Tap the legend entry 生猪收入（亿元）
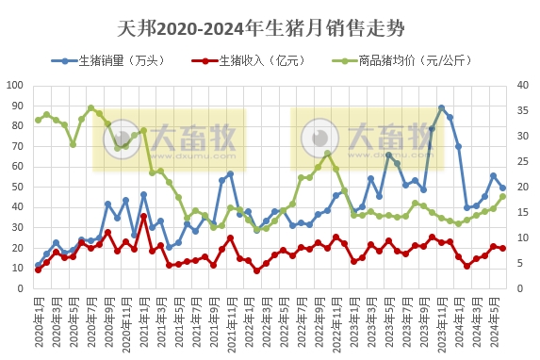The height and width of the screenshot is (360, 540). pyautogui.click(x=262, y=61)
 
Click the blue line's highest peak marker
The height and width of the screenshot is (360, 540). pyautogui.click(x=441, y=108)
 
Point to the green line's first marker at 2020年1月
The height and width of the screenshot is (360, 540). pyautogui.click(x=38, y=120)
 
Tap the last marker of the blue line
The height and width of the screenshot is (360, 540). pyautogui.click(x=502, y=188)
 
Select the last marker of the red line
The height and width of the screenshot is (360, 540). pyautogui.click(x=502, y=248)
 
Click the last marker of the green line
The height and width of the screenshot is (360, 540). pyautogui.click(x=502, y=196)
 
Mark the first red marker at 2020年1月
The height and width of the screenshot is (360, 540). pyautogui.click(x=38, y=270)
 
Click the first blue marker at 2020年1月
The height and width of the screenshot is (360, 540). pyautogui.click(x=38, y=265)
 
